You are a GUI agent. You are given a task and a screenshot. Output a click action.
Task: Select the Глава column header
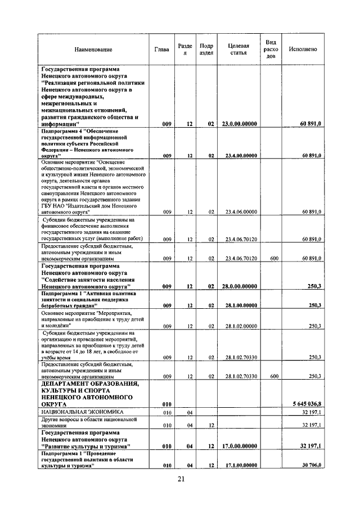coord(161,49)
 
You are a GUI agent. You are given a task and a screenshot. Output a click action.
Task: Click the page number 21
coord(181,479)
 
